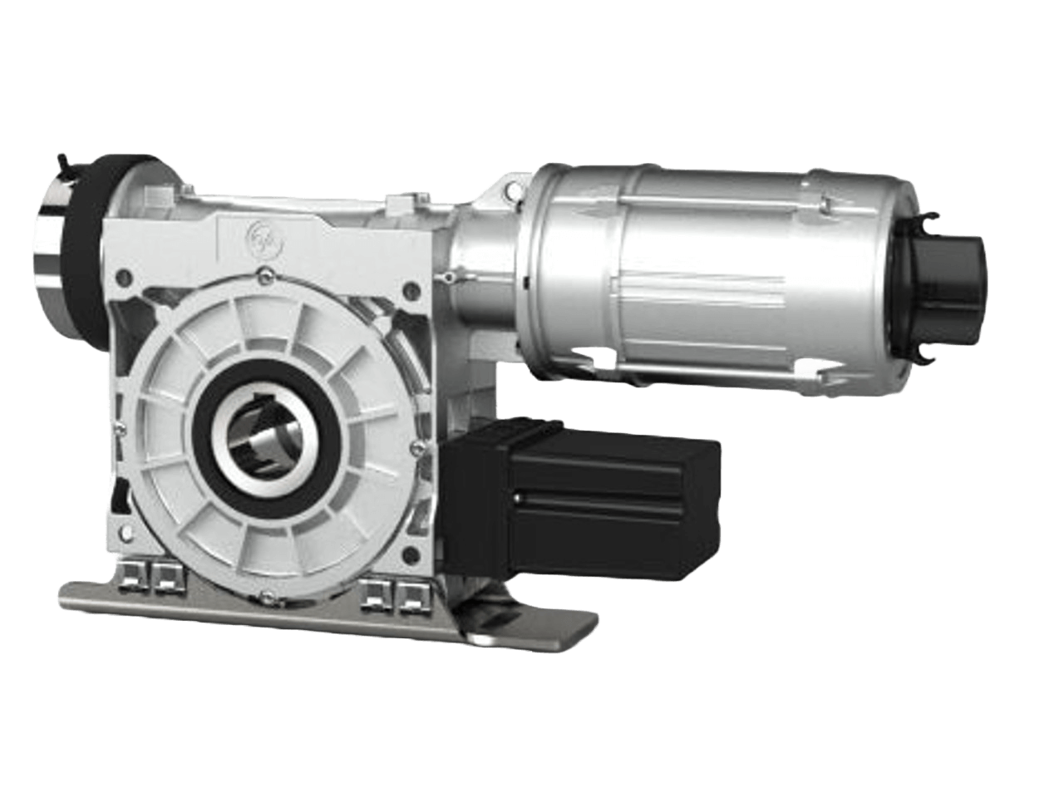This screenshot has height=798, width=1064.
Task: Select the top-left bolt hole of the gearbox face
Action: pos(125,273)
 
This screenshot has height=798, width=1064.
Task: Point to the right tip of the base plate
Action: pos(592,619)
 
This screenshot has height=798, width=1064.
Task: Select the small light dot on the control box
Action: pos(519,500)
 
